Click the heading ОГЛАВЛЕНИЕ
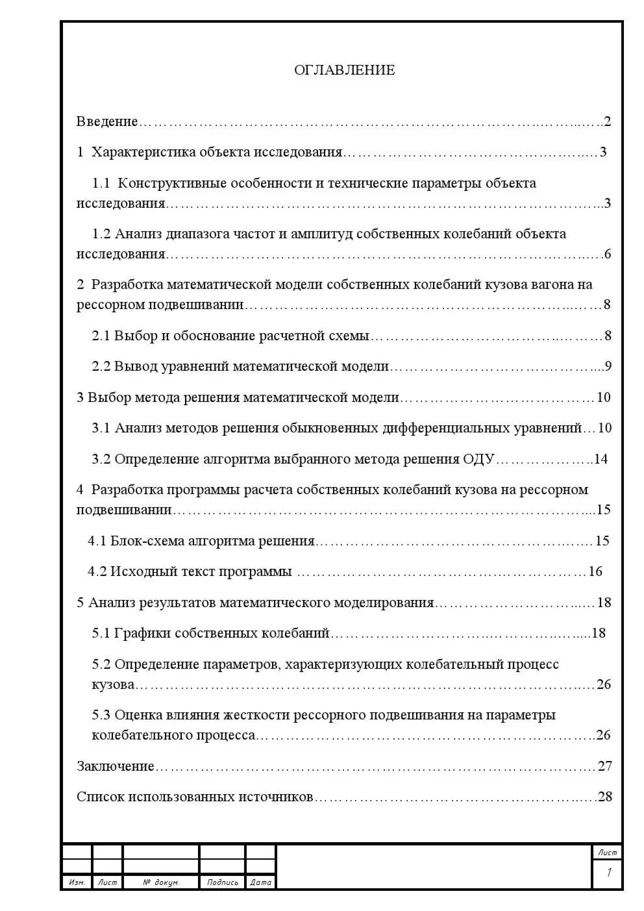344,70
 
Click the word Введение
107,121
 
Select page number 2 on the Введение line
607,121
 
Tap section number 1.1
101,183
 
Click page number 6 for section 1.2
607,254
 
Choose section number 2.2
101,367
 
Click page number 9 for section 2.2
608,367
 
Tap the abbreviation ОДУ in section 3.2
479,460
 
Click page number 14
601,460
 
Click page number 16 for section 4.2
595,571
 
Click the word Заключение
116,766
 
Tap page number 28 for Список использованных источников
604,797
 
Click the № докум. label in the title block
160,882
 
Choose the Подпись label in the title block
222,882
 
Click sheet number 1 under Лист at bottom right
608,873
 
